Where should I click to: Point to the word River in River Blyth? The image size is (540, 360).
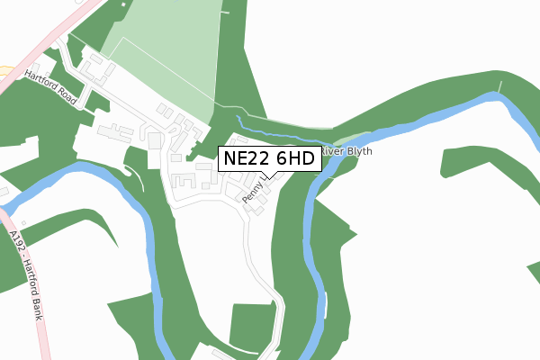(x=333, y=151)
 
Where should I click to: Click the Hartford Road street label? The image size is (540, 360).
(x=51, y=86)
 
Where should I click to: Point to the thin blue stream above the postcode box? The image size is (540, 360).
(x=270, y=127)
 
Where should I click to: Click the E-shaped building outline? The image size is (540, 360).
(x=183, y=181)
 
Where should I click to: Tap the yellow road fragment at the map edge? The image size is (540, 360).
(x=4, y=69)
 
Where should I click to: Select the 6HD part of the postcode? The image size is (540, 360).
(x=292, y=158)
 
